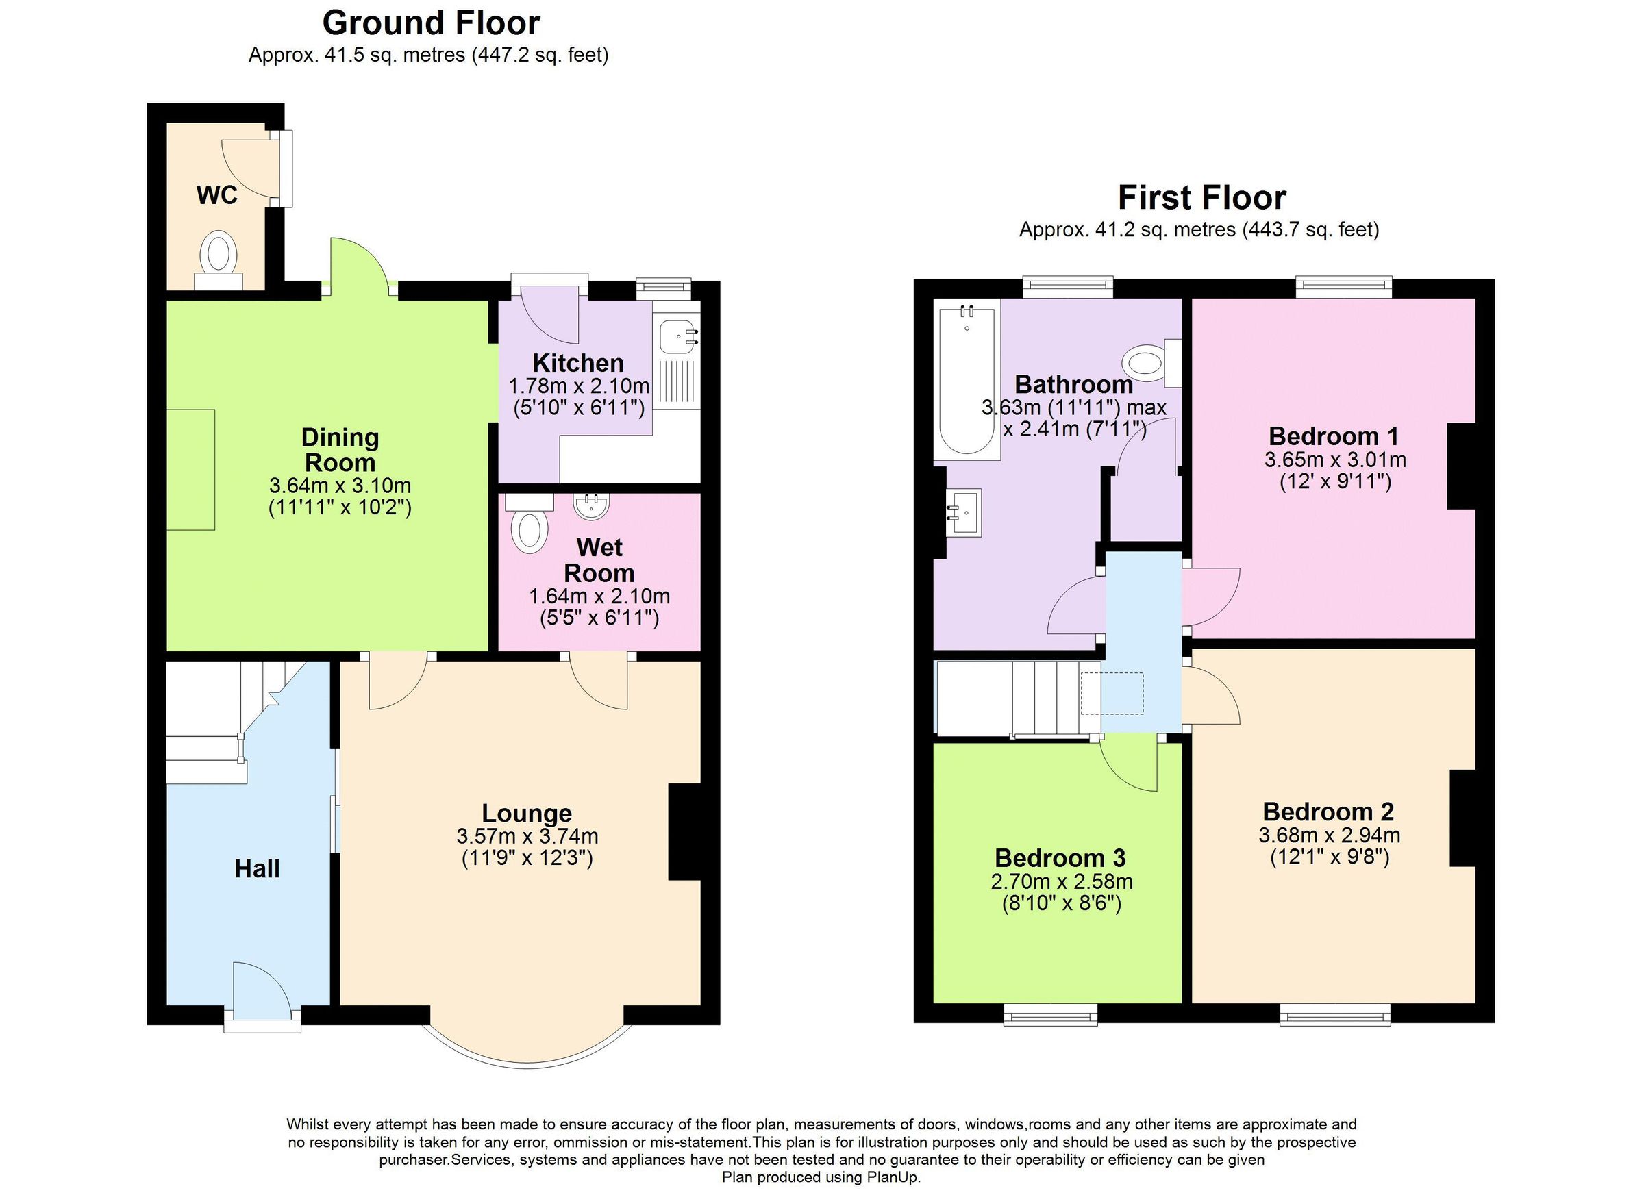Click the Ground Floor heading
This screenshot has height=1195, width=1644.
coord(431,23)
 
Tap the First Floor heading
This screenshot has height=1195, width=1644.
coord(1201,197)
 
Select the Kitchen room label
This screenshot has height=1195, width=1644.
coord(577,362)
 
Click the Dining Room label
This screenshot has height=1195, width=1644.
coord(339,449)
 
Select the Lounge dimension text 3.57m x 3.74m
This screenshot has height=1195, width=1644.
coord(527,836)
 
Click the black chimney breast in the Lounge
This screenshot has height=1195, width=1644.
coord(684,831)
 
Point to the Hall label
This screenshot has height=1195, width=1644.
coord(257,868)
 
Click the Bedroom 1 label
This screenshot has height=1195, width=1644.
coord(1333,436)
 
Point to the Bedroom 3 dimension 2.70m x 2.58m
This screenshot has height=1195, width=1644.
coord(1061,881)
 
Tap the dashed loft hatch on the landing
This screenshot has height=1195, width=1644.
coord(1111,694)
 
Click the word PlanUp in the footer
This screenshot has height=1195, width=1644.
coord(895,1178)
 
